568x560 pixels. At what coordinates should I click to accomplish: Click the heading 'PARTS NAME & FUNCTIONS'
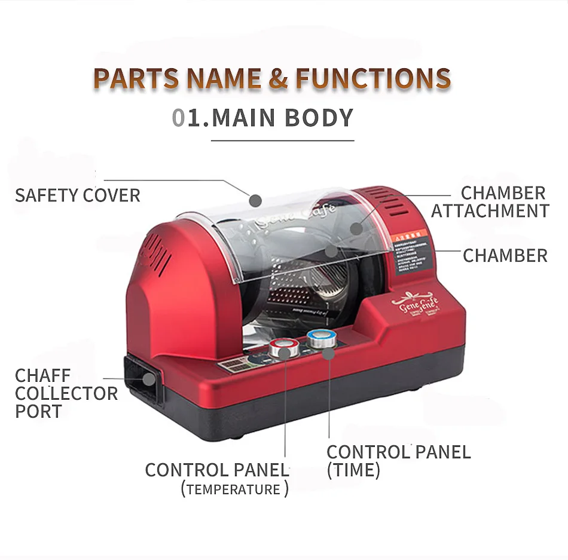click(x=272, y=79)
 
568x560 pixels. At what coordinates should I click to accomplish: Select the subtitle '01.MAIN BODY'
click(x=263, y=118)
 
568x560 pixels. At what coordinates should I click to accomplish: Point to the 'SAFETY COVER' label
click(x=78, y=195)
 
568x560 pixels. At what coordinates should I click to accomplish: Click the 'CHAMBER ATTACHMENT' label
click(x=490, y=202)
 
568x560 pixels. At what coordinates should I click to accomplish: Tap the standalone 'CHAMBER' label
click(x=505, y=255)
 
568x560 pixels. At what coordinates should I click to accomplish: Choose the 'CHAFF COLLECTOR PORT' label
click(x=66, y=393)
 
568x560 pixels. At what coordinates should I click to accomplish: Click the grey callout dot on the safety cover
click(x=255, y=200)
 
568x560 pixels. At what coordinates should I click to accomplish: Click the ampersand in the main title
click(x=278, y=79)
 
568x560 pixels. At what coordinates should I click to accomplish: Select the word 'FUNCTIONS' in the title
click(x=373, y=79)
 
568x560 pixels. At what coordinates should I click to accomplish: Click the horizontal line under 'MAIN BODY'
click(x=283, y=141)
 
